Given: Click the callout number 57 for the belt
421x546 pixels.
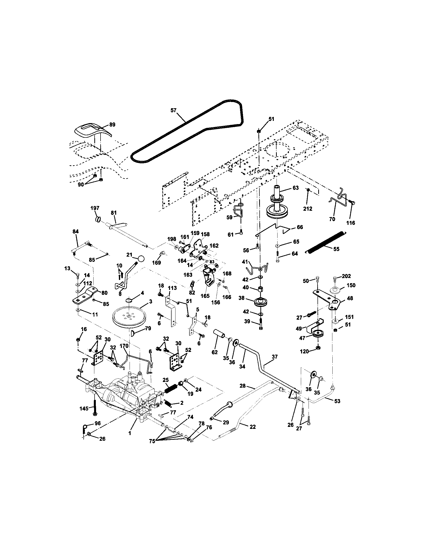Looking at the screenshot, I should [174, 110].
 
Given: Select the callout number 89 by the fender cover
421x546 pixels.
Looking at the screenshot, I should [112, 125].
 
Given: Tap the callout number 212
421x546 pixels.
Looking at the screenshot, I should [308, 208].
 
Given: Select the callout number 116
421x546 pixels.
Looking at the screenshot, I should [351, 223].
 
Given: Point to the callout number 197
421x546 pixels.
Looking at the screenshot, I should [95, 208].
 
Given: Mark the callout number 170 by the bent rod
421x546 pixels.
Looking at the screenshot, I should [124, 346].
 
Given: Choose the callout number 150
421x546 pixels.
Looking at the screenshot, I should [351, 285].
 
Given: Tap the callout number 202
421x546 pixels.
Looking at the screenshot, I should [346, 276].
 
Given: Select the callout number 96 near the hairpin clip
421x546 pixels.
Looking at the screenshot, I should [97, 423].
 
